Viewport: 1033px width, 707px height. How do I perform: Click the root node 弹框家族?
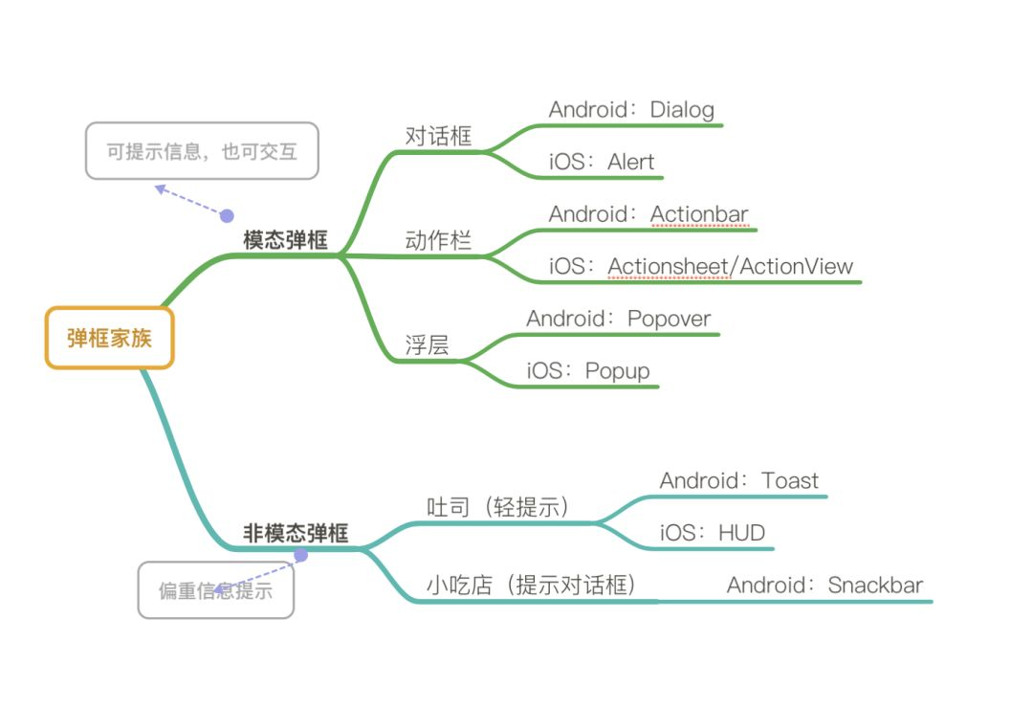109,338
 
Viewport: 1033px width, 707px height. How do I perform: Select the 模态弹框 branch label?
285,240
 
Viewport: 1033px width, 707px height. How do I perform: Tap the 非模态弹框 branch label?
296,533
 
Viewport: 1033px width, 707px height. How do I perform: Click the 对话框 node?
439,136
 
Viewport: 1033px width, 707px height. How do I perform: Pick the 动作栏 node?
439,240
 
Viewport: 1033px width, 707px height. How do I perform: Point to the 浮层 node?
427,345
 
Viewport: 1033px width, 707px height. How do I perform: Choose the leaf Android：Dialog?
631,109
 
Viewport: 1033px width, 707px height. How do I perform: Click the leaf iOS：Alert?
602,162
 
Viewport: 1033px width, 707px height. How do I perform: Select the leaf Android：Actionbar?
648,213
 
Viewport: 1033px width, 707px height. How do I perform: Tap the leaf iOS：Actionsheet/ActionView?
700,266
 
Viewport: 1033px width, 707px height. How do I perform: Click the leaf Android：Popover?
618,319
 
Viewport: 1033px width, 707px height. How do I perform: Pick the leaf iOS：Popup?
588,370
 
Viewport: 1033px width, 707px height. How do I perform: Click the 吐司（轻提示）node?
497,506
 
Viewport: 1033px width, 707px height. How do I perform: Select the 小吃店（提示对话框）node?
531,585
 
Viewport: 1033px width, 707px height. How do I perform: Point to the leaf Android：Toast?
738,480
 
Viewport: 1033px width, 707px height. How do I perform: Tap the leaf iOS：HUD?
713,533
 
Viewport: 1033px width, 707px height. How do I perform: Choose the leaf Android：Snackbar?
824,585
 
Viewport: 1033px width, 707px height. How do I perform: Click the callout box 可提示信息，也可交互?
201,151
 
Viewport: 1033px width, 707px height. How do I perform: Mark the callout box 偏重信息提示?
215,590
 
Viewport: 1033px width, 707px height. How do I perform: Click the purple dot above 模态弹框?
227,216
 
